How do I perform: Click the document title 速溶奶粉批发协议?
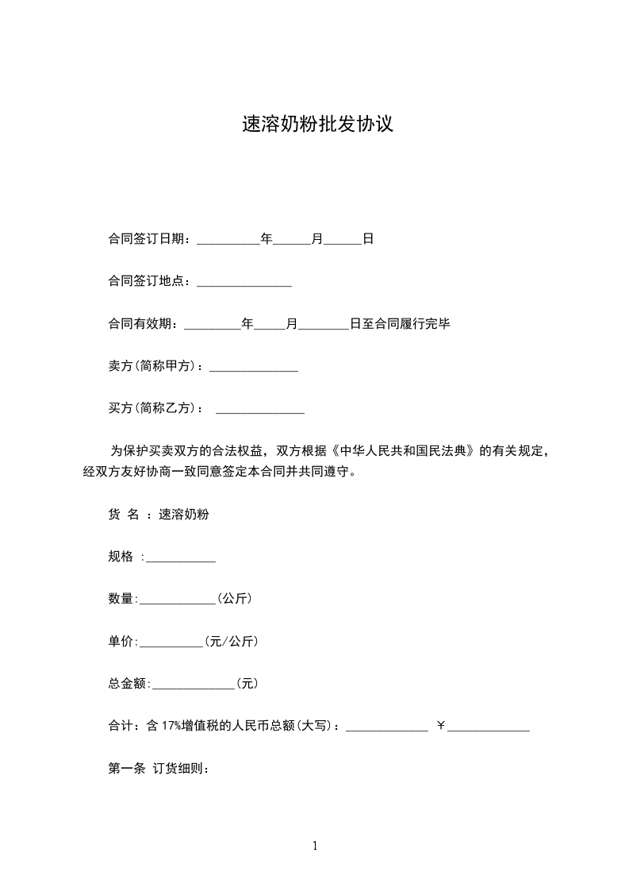[317, 125]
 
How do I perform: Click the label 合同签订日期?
[147, 238]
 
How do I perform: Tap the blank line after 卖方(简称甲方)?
[253, 368]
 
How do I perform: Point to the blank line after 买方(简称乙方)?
[260, 410]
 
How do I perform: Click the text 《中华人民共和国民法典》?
[407, 452]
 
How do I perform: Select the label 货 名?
[124, 515]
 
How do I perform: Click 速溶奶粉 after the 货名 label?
[184, 515]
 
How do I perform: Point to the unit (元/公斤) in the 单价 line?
[231, 641]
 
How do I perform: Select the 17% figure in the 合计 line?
[171, 726]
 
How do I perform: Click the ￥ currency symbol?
[441, 726]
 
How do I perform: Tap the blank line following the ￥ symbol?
[489, 727]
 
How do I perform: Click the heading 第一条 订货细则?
[158, 769]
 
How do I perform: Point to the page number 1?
[315, 847]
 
